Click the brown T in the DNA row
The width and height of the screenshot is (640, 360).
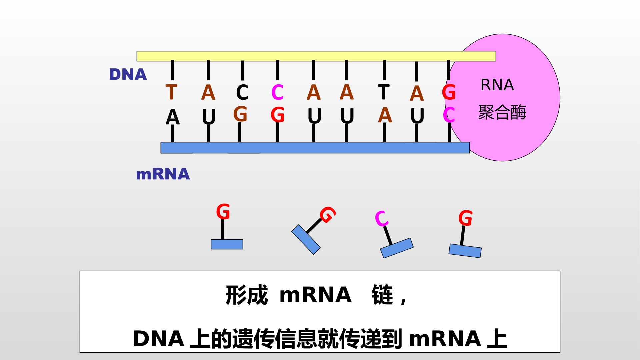coord(171,92)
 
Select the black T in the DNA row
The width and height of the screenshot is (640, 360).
coord(384,92)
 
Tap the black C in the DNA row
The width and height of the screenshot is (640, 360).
coord(242,92)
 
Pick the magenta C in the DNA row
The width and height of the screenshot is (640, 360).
coord(277,92)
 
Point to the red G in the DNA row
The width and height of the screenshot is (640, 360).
coord(449,92)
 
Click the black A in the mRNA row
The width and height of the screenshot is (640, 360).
coord(173,117)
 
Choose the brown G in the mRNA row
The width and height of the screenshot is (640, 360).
coord(240,114)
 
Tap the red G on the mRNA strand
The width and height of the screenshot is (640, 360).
coord(277,115)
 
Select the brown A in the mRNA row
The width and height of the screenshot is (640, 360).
coord(385,115)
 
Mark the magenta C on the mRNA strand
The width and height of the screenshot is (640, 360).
coord(449,115)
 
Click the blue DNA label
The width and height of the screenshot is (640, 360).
coord(128,75)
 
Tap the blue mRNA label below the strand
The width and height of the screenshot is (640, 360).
coord(163,174)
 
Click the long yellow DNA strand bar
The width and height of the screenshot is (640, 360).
coord(316,56)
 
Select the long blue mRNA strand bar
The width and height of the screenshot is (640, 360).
coord(315,148)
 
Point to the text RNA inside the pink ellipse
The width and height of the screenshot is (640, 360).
coord(497,85)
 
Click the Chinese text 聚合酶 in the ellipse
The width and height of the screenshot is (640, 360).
coord(502,112)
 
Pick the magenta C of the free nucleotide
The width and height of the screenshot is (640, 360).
coord(382,219)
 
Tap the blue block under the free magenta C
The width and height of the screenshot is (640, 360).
coord(397,248)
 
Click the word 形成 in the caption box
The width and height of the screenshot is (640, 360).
coord(247,295)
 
